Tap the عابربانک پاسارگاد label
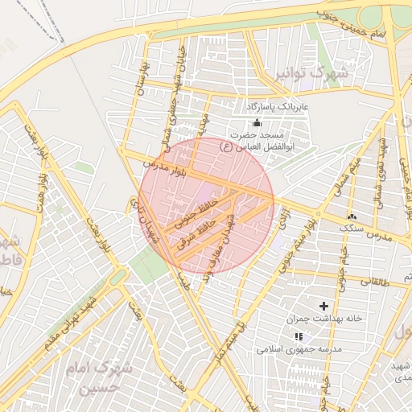[x=278, y=106]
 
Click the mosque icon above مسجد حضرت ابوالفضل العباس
[x=257, y=122]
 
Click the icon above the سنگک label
[x=351, y=217]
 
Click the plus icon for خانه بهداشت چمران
[x=324, y=306]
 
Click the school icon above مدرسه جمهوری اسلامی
[x=299, y=336]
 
